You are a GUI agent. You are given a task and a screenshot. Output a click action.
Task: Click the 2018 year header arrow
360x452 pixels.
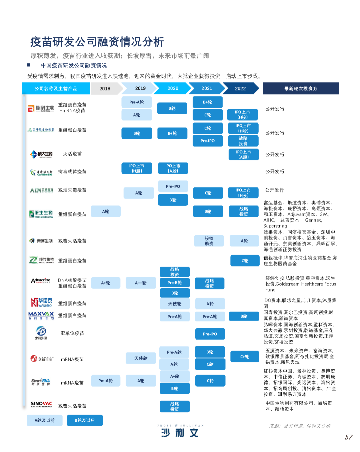(105, 88)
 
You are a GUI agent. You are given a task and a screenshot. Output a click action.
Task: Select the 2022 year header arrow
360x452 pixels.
(240, 88)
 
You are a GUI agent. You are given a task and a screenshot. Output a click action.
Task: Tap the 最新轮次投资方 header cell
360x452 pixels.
(301, 88)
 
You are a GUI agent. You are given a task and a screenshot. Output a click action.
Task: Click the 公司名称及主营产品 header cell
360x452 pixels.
(56, 88)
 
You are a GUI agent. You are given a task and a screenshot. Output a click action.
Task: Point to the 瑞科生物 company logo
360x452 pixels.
(41, 108)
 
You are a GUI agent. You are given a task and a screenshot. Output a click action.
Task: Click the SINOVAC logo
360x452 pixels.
(41, 405)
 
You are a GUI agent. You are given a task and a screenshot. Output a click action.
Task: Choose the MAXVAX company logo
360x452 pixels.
(41, 315)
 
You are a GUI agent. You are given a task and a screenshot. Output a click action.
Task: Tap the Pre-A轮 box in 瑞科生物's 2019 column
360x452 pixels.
(137, 102)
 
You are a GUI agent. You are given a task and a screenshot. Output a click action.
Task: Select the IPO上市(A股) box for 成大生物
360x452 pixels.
(244, 154)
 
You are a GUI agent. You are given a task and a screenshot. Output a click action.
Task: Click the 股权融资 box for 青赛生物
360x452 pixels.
(209, 241)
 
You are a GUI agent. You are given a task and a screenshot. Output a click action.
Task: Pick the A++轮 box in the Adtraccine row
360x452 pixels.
(141, 283)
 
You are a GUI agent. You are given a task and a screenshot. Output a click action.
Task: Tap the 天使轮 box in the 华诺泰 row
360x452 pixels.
(175, 304)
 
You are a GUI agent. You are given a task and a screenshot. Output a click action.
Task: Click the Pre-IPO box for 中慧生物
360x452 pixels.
(210, 334)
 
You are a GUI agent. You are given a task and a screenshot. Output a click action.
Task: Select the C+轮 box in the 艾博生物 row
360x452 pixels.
(245, 357)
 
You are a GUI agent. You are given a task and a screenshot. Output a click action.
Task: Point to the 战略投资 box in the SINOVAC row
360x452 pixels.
(175, 406)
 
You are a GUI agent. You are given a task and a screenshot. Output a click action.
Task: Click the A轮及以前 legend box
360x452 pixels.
(45, 420)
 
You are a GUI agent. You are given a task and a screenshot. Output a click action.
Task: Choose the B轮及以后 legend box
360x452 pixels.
(85, 420)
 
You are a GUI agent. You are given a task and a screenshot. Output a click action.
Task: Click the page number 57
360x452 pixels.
(349, 437)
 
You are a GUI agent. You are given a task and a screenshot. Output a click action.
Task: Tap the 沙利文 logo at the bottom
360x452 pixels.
(180, 432)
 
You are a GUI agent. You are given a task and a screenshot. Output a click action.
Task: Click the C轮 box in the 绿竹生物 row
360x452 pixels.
(245, 261)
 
